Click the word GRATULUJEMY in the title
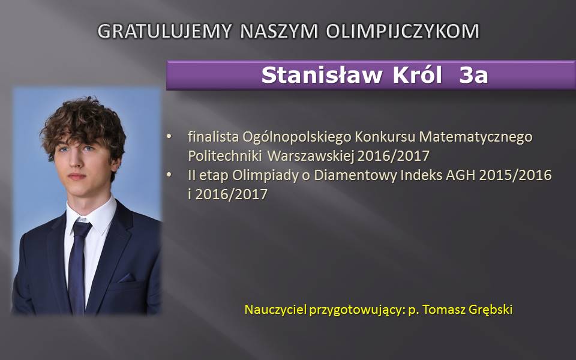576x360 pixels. [x=164, y=31]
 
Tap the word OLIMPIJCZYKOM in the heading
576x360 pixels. [x=403, y=31]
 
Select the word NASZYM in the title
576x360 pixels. [x=279, y=31]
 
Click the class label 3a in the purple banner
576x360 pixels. [x=473, y=76]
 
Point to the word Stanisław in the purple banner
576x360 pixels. [x=322, y=75]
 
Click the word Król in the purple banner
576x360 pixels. [x=418, y=75]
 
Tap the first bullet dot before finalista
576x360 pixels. [x=169, y=137]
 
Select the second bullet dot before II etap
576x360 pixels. [x=169, y=175]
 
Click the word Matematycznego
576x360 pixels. [x=476, y=137]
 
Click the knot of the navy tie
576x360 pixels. [x=81, y=229]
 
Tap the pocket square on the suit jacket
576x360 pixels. [x=127, y=278]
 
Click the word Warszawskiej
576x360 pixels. [x=311, y=156]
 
